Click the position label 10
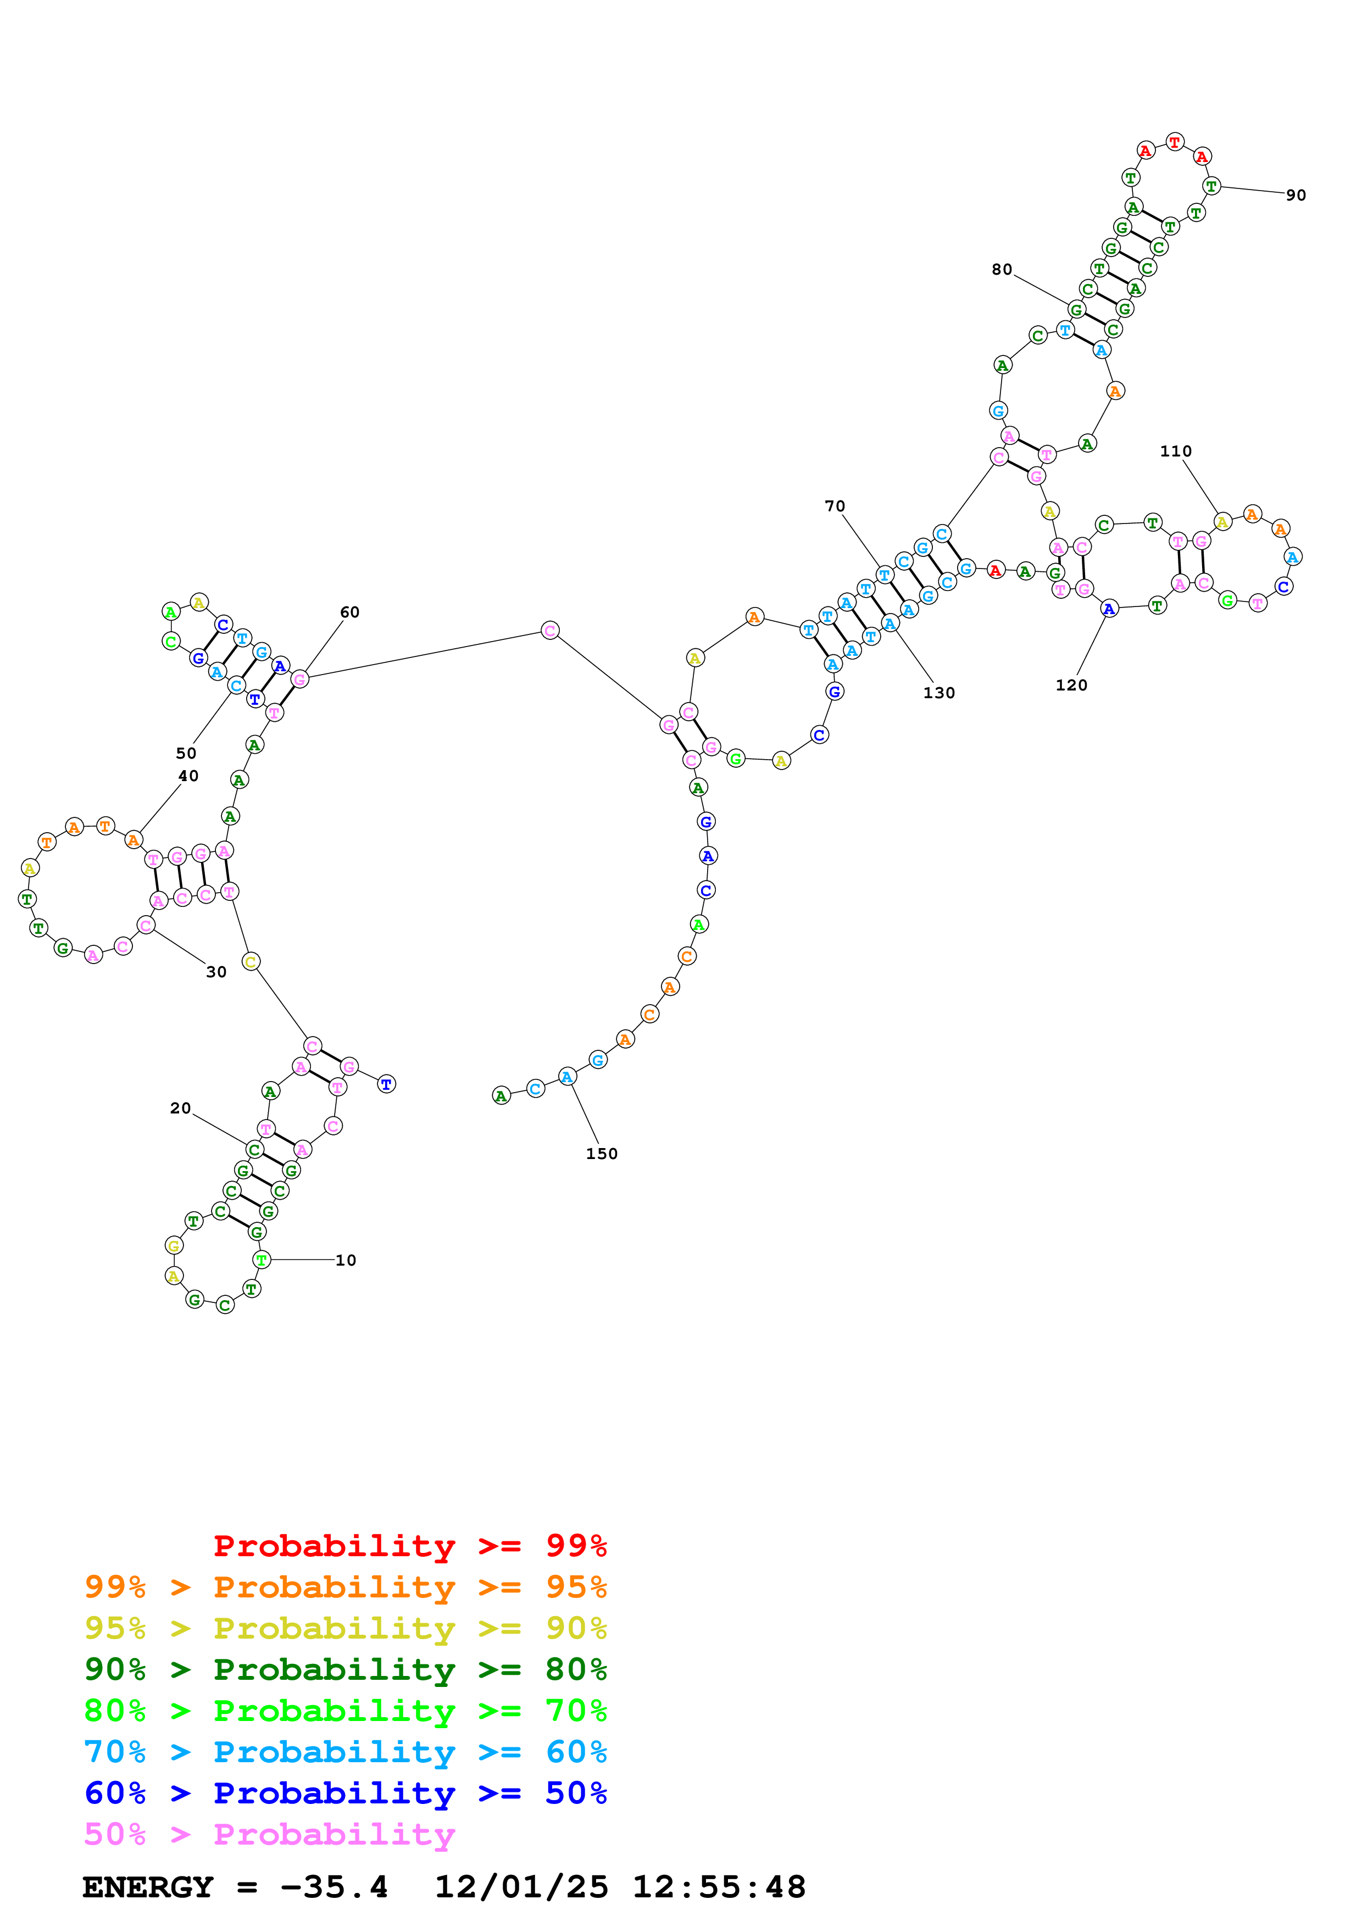(346, 1261)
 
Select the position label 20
(180, 1109)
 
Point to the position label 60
(350, 612)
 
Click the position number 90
(1296, 196)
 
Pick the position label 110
(1176, 452)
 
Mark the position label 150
(602, 1154)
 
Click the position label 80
(1002, 269)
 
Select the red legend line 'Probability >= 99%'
(409, 1546)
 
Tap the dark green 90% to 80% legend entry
(346, 1669)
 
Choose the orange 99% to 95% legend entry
(346, 1587)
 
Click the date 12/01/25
(521, 1887)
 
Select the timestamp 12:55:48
(719, 1887)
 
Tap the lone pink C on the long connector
(549, 630)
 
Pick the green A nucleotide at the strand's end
(501, 1095)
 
